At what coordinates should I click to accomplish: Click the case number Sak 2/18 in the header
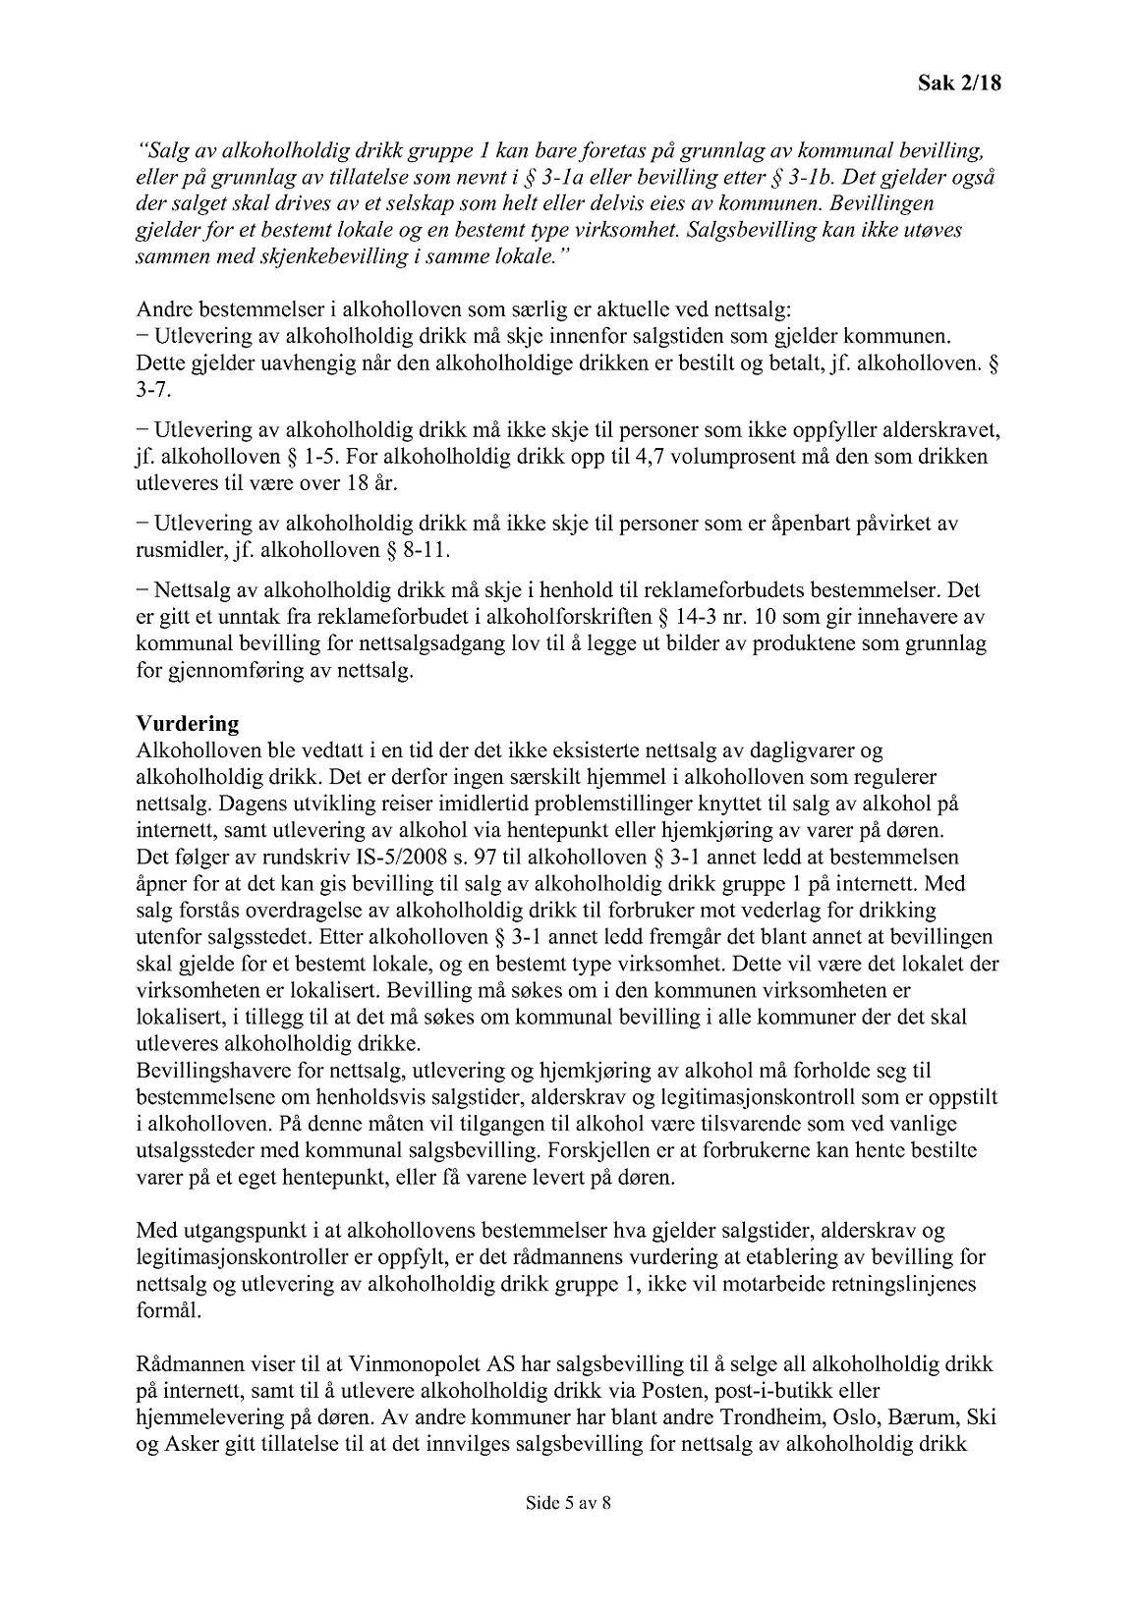click(x=953, y=83)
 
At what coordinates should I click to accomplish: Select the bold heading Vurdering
click(x=188, y=724)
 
